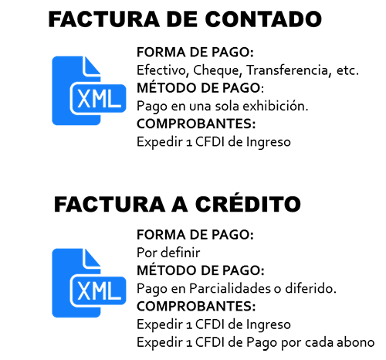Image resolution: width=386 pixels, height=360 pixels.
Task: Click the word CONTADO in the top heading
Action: point(263,19)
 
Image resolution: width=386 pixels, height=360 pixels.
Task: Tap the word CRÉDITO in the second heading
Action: point(248,204)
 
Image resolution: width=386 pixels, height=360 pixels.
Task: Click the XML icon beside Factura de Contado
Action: point(89,90)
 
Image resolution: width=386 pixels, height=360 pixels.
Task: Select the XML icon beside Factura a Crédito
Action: point(89,283)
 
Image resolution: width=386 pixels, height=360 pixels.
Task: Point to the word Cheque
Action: point(217,71)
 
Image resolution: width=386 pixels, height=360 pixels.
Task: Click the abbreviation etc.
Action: point(347,70)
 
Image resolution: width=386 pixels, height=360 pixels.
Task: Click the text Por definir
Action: point(168,253)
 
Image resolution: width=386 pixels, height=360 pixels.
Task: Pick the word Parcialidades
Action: point(230,288)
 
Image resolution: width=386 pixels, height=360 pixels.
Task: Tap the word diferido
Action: point(310,288)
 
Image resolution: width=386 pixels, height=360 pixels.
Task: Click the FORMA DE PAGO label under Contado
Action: point(195,53)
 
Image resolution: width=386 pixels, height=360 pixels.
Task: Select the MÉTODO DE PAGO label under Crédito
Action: point(201,270)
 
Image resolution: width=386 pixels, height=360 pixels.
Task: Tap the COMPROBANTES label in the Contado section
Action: point(196,124)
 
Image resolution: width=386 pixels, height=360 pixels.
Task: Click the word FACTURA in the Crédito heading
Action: point(110,204)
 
